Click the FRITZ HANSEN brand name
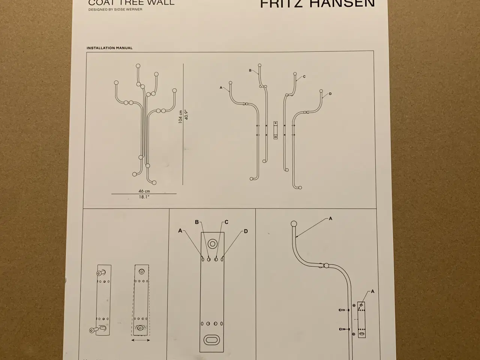point(317,4)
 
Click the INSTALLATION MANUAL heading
point(109,48)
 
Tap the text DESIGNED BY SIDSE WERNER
point(115,9)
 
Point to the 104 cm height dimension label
point(180,117)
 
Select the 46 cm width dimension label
point(144,191)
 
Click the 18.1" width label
point(144,197)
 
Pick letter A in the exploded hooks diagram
point(221,88)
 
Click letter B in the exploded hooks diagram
point(250,70)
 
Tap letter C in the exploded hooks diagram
point(304,77)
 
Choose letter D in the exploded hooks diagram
point(330,94)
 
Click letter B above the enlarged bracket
point(197,222)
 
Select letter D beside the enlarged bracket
point(246,231)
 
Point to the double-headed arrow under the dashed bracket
point(141,340)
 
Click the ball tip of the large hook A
point(294,224)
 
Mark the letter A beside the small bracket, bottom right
point(372,291)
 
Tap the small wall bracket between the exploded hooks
point(276,130)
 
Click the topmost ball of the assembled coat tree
point(138,66)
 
